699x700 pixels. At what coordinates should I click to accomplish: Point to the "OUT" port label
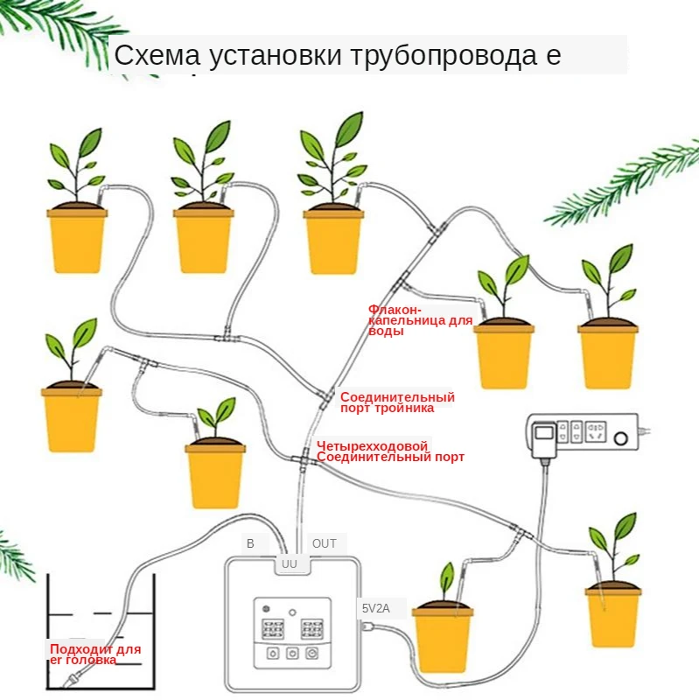324,543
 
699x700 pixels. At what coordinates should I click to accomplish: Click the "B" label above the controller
250,543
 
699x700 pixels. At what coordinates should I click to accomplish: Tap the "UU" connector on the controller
290,564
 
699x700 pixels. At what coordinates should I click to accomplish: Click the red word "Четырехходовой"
372,445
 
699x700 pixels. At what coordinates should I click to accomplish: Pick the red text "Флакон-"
395,310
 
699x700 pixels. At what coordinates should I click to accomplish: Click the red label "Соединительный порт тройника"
397,402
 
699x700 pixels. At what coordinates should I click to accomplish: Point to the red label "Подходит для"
94,649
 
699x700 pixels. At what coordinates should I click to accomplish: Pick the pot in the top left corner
77,238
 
